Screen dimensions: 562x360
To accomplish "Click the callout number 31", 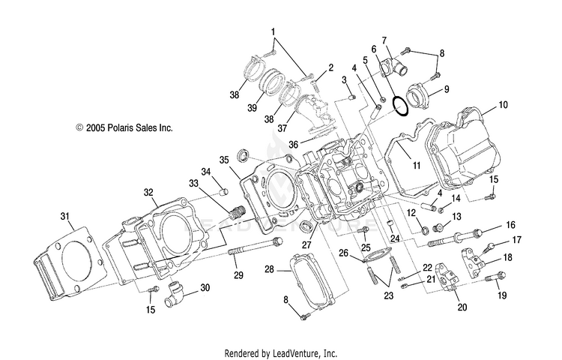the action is coord(65,216).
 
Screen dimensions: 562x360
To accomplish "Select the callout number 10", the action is coord(503,105).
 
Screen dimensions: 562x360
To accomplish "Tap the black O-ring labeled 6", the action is coord(400,106).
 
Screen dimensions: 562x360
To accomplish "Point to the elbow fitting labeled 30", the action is coord(174,294).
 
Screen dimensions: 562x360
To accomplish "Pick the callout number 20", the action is coord(462,307).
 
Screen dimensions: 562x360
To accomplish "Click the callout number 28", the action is coord(270,269).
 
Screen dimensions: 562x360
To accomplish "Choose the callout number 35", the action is coord(224,160).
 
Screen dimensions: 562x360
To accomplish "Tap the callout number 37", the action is coord(282,127).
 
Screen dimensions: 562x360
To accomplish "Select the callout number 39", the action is coord(252,107).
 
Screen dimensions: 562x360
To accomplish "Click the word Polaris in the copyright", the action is coord(124,127).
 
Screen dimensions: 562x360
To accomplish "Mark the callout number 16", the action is coord(510,225).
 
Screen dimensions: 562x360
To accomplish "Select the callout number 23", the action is coord(388,295).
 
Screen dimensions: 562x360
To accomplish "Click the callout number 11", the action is coord(416,165).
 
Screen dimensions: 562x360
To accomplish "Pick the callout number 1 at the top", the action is coord(273,32).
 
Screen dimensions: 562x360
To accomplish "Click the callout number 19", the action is coord(502,295).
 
